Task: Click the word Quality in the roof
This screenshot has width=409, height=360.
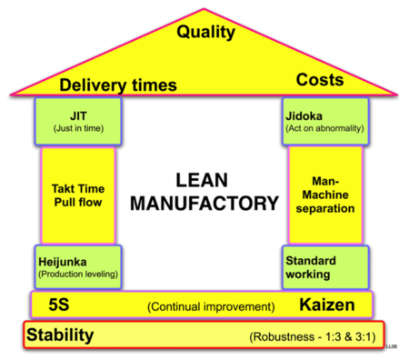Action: [x=205, y=33]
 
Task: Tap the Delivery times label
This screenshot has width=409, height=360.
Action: [x=117, y=86]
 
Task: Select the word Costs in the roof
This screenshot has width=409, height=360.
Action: [x=320, y=80]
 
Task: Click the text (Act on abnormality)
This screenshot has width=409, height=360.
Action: [x=324, y=128]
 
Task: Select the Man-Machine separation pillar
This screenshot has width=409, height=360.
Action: [x=324, y=195]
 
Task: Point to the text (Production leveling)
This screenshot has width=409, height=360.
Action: [x=77, y=274]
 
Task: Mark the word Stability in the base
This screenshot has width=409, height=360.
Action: [x=59, y=336]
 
